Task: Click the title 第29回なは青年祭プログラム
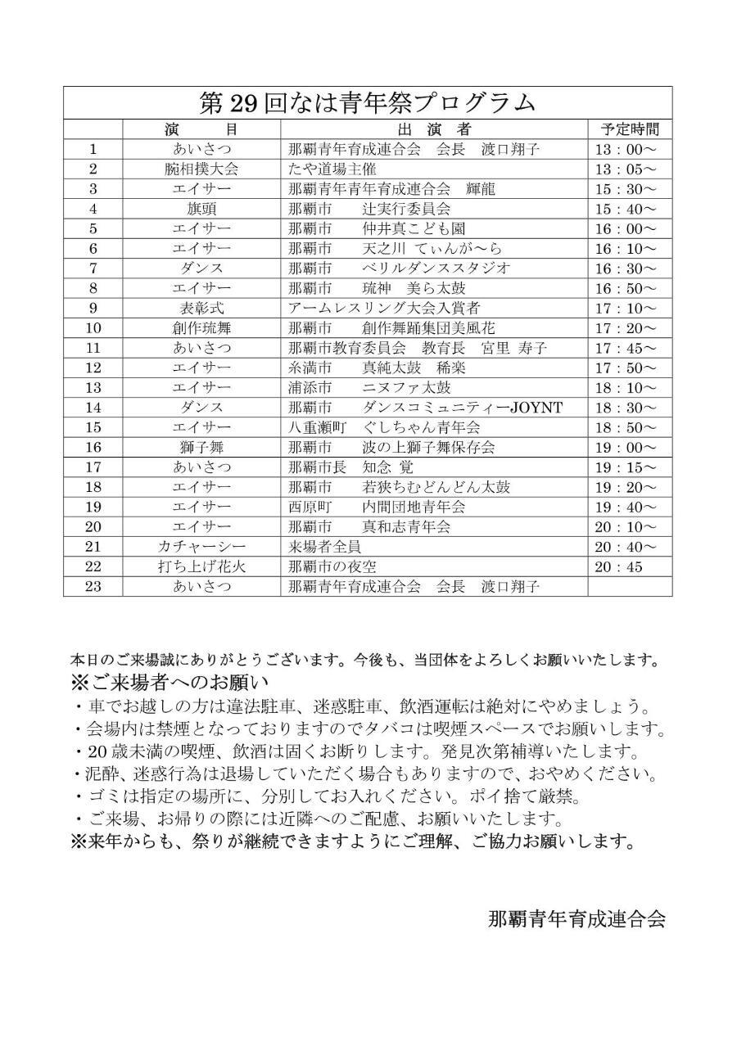point(368,103)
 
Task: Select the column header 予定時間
point(630,129)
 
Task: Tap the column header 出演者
point(434,129)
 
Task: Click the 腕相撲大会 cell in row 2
point(201,169)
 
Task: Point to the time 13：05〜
point(626,169)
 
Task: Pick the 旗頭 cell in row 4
point(201,209)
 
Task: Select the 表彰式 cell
point(201,308)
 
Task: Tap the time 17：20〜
point(626,327)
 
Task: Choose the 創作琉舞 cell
point(201,327)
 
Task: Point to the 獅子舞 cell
point(201,447)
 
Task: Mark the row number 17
point(93,467)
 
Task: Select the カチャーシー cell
point(201,547)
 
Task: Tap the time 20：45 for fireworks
point(619,566)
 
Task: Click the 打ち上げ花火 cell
point(201,566)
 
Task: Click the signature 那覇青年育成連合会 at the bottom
point(576,918)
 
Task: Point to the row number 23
point(93,586)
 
